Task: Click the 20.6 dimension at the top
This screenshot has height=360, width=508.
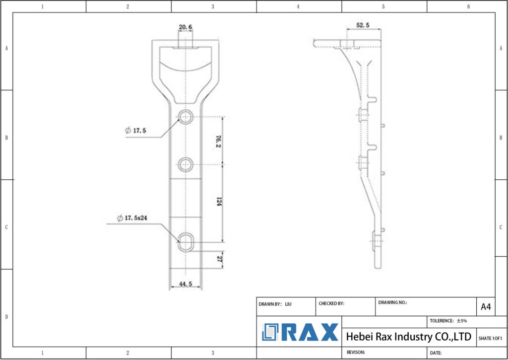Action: (x=186, y=27)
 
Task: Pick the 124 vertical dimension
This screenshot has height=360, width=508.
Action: (x=218, y=202)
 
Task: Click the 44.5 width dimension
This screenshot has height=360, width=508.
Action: (x=186, y=284)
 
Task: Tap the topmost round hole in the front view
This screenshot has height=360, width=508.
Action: (x=186, y=117)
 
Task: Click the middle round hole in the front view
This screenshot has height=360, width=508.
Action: (x=186, y=164)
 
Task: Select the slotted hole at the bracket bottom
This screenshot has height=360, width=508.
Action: (x=186, y=242)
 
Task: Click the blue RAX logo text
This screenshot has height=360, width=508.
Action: (x=311, y=332)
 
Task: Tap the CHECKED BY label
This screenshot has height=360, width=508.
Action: (x=331, y=303)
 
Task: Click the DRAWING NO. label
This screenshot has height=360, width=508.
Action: (x=392, y=302)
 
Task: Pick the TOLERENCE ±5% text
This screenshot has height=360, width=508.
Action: (x=448, y=321)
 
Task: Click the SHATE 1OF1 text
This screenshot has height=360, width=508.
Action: (x=490, y=338)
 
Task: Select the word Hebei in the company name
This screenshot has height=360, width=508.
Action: (x=358, y=337)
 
